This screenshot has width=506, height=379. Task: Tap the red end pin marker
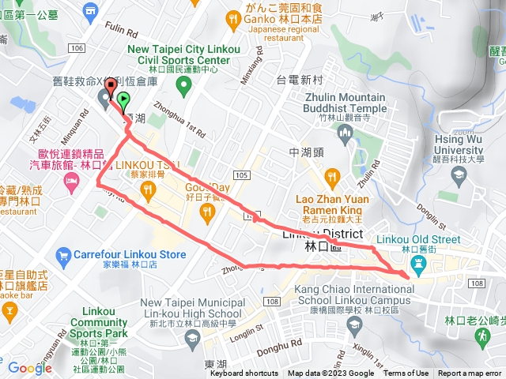tap(111, 87)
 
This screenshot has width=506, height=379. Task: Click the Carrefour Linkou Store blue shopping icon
tap(63, 255)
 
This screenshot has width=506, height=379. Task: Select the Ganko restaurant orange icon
tap(232, 17)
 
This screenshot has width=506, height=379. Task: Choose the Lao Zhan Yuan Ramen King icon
tap(332, 176)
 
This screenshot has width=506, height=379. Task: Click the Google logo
tap(30, 367)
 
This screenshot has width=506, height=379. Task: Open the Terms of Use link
tap(406, 373)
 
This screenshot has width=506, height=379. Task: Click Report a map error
tap(470, 373)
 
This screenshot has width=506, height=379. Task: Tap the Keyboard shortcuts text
tap(244, 373)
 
